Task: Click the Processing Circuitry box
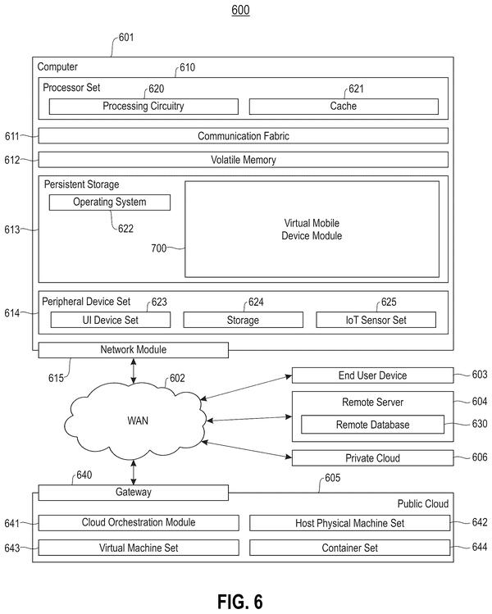click(143, 107)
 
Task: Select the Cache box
click(344, 107)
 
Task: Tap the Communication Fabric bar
click(244, 136)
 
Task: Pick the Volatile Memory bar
click(244, 160)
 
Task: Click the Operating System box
click(110, 202)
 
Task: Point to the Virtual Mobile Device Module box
click(312, 229)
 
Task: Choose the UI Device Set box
click(111, 320)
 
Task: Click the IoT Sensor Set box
click(376, 320)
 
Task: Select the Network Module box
click(133, 350)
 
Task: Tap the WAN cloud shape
click(135, 421)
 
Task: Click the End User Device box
click(372, 375)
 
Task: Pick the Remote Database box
click(372, 425)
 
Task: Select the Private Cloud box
click(372, 458)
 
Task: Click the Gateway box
click(133, 493)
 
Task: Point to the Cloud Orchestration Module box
click(139, 523)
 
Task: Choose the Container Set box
click(350, 548)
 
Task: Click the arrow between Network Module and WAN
click(134, 371)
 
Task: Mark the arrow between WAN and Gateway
click(134, 473)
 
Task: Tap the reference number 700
click(158, 248)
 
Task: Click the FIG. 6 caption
click(240, 602)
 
